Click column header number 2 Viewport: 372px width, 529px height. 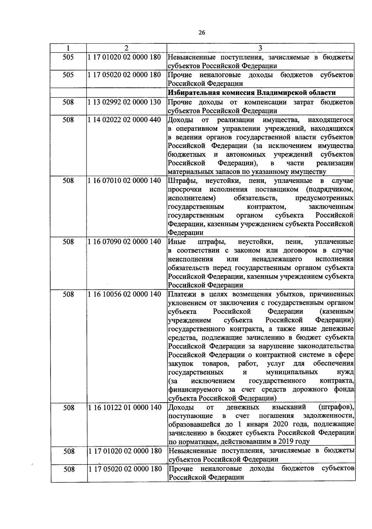(126, 48)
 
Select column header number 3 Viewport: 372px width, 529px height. (260, 48)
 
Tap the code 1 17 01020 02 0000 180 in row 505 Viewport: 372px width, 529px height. (124, 57)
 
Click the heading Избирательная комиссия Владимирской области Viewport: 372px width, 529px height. (252, 93)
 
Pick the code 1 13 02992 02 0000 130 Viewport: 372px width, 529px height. (124, 102)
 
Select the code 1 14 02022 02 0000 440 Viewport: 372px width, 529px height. (124, 120)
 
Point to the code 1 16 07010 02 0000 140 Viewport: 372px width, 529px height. (124, 180)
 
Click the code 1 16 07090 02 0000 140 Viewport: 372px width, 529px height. (124, 241)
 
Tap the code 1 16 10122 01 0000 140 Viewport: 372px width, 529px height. (125, 407)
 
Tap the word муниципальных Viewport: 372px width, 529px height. (292, 372)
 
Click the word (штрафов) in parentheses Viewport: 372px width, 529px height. (336, 407)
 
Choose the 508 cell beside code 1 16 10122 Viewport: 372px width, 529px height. (69, 408)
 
